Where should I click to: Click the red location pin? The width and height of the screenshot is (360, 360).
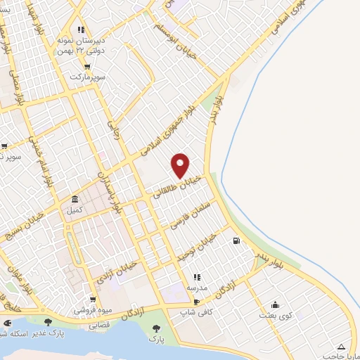[x=181, y=165]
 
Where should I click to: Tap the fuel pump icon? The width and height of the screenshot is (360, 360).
[x=235, y=241]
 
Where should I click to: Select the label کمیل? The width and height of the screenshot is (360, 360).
[x=75, y=210]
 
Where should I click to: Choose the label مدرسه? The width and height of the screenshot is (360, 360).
[x=196, y=288]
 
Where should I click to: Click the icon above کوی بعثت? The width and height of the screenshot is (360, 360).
[x=275, y=305]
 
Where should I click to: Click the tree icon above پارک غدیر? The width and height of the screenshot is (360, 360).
[x=48, y=322]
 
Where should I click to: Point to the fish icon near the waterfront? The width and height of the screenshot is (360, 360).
[x=7, y=323]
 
